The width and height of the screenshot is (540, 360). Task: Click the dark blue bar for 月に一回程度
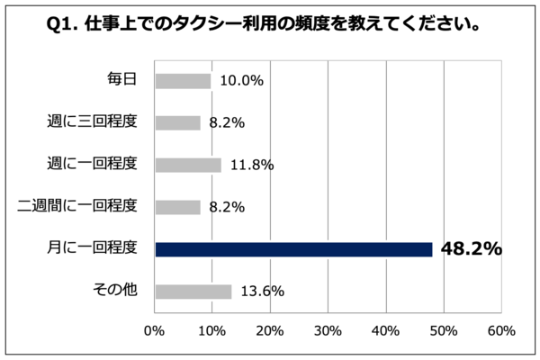point(293,249)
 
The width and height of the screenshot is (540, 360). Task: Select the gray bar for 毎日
point(183,81)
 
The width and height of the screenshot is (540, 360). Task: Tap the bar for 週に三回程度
point(177,123)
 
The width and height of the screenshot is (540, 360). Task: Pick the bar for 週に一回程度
point(188,165)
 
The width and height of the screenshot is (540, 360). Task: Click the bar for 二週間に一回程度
point(177,207)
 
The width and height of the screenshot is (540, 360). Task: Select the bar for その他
point(193,291)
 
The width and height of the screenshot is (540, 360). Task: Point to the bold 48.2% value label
point(471,249)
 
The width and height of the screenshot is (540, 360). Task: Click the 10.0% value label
point(242,81)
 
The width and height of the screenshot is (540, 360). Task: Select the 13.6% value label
point(263,292)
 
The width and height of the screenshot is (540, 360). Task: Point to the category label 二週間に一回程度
point(78,206)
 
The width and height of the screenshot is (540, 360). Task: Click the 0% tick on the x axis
point(155,329)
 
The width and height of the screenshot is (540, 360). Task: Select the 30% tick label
point(328,329)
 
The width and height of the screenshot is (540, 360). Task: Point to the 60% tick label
point(501,329)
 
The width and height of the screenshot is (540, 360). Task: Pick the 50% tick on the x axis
point(444,329)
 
